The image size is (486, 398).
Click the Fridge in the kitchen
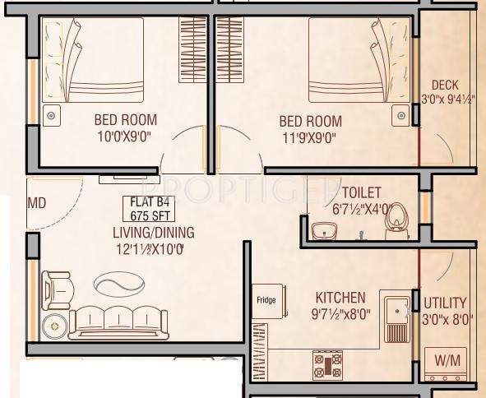pos(269,302)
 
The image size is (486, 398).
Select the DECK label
pos(445,85)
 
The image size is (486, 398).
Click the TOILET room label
pos(363,194)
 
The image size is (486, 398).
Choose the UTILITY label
pos(445,303)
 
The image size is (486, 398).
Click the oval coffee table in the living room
pos(118,284)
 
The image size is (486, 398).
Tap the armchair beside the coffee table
pos(57,287)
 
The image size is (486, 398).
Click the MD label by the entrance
pos(36,202)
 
